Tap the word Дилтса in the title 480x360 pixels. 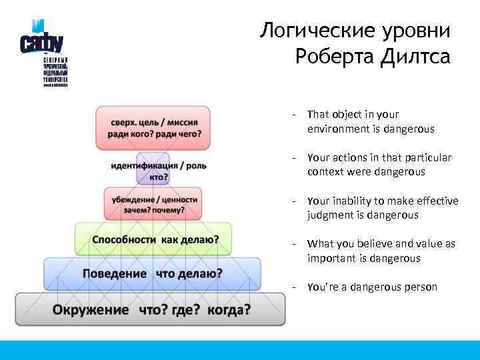pos(416,57)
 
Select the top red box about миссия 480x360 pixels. pos(153,127)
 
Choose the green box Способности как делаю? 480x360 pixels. pos(153,239)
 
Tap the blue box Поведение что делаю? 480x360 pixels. pos(152,273)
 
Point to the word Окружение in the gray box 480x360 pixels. pos(91,309)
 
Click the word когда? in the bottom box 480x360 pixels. pos(229,309)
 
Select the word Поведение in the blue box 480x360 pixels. pos(114,273)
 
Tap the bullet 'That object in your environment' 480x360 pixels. pos(370,121)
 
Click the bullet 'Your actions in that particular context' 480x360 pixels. pos(379,165)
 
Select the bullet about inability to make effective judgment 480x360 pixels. pos(382,208)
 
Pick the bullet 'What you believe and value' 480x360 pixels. pos(381,251)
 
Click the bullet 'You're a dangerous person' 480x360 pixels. pos(372,287)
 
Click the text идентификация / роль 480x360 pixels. pos(159,165)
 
